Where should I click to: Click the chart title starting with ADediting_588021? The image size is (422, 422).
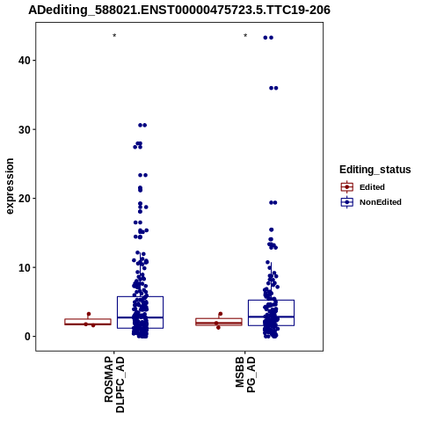179,10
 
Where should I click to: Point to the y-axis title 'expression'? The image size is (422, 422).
10,186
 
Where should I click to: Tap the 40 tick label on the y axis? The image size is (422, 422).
25,61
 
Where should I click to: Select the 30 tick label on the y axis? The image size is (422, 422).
25,129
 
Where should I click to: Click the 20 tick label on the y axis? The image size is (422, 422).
25,199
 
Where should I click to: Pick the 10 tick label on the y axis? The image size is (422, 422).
25,267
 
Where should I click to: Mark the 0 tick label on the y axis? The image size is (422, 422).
27,337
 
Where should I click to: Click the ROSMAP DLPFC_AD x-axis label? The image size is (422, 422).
114,384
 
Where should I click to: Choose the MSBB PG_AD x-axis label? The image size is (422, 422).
245,375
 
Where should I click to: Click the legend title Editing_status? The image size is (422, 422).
375,170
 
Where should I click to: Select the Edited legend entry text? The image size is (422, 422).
372,187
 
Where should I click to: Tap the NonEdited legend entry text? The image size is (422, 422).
381,202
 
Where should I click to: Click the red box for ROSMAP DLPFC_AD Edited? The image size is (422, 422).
88,322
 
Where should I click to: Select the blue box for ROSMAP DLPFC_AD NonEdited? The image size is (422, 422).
140,312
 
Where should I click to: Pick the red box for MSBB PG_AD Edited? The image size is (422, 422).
219,322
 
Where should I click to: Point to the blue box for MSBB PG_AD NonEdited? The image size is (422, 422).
271,313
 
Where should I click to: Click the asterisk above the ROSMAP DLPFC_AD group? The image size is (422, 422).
114,36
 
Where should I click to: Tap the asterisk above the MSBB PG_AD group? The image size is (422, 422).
245,36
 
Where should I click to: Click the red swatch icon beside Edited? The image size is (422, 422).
347,187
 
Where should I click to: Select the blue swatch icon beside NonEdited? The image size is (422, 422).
347,202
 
